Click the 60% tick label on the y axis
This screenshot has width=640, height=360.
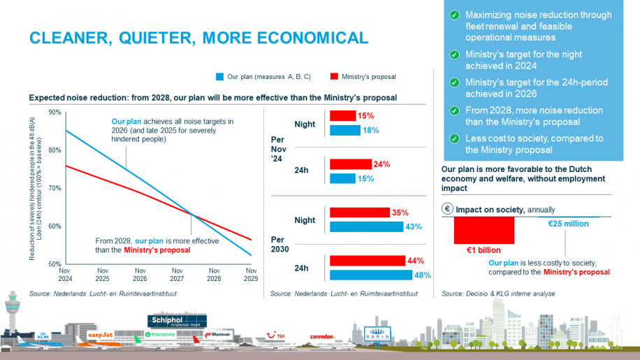pos(54,226)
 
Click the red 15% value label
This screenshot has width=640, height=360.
pos(366,116)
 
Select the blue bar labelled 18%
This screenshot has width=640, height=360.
pos(344,130)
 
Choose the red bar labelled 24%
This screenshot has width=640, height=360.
pos(350,165)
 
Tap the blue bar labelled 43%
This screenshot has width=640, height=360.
pos(366,227)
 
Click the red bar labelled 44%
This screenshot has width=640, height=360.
pos(368,261)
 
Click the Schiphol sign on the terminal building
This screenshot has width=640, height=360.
pos(170,321)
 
